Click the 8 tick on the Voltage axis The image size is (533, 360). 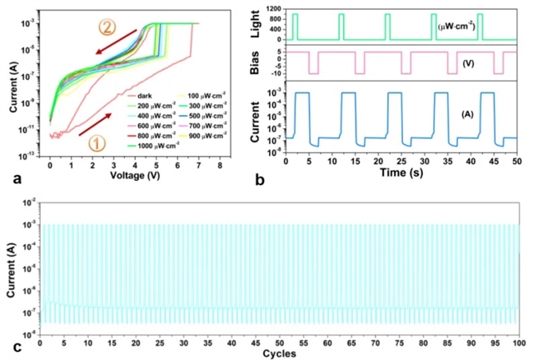(220, 167)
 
